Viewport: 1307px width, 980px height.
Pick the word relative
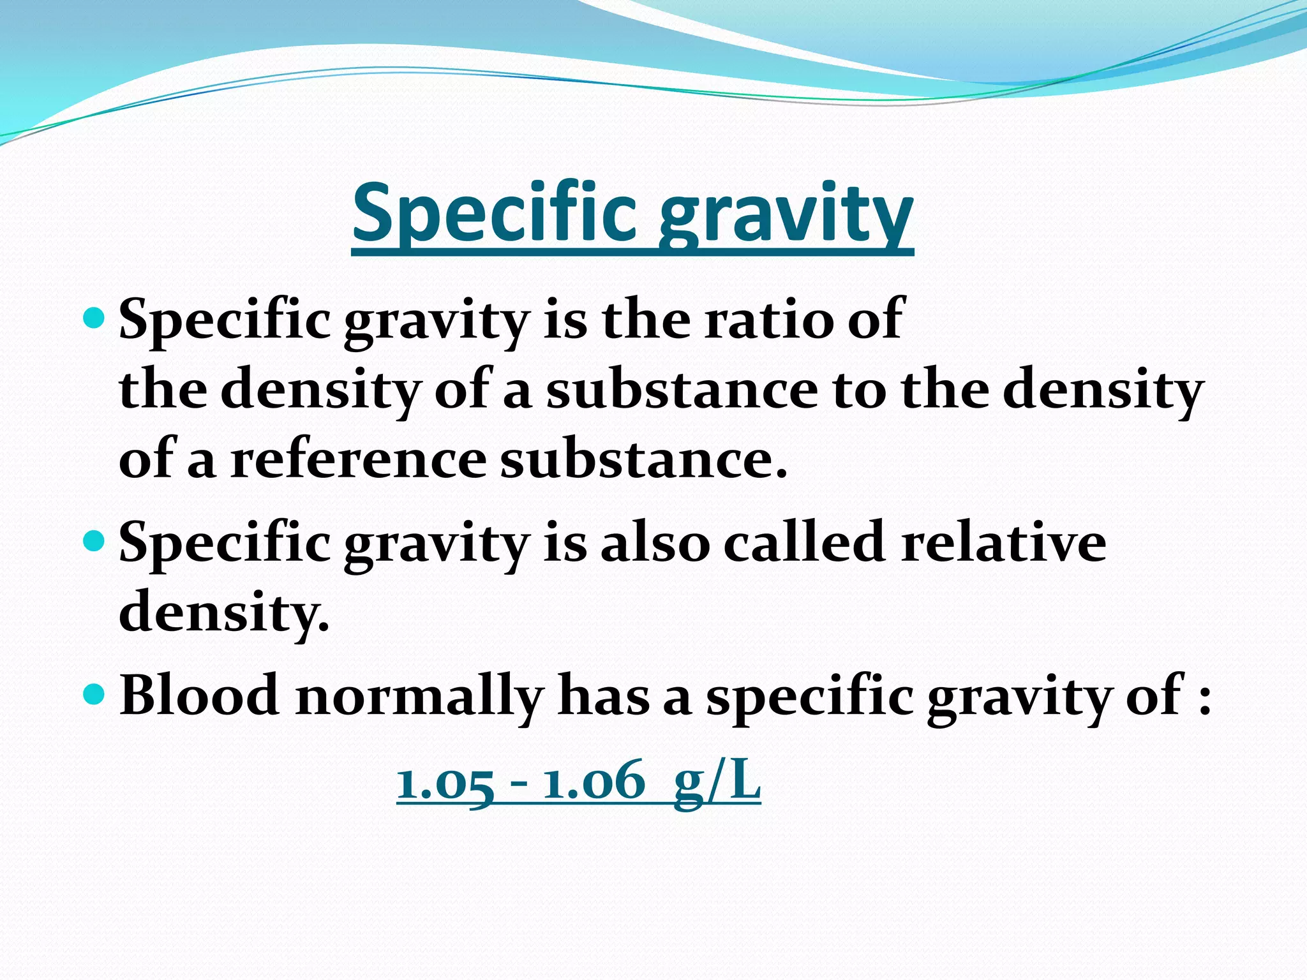click(1003, 542)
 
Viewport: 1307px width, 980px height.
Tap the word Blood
click(199, 695)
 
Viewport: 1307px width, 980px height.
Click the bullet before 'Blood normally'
click(94, 693)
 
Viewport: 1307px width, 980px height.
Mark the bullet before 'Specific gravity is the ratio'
click(94, 317)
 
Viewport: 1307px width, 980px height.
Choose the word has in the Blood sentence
click(604, 695)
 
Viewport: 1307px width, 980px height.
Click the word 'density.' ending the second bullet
click(224, 612)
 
